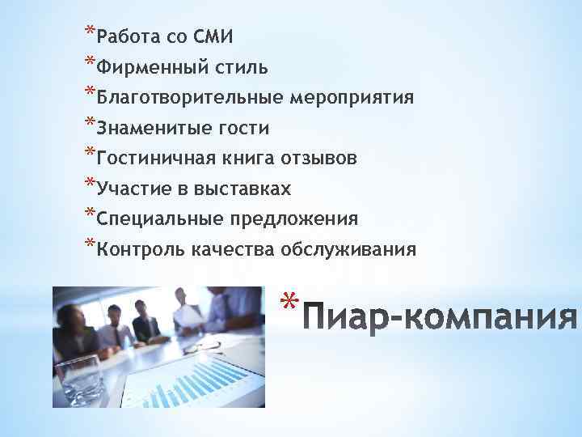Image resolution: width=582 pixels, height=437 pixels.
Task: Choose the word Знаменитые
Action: point(154,128)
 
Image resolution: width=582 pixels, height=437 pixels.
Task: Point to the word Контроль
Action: point(139,250)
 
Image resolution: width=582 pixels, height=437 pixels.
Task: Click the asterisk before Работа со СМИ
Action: point(88,32)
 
